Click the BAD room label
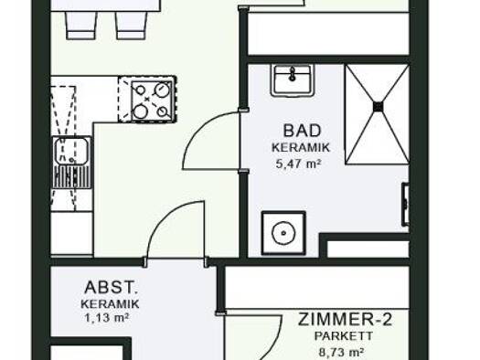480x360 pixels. (x=302, y=131)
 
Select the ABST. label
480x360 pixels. (x=111, y=288)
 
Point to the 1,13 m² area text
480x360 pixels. (x=106, y=318)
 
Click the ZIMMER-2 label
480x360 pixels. (x=345, y=319)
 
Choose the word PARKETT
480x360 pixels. (x=344, y=336)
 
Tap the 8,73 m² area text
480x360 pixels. (x=341, y=353)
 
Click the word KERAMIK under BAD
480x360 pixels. (x=301, y=148)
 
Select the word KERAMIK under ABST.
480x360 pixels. (x=110, y=304)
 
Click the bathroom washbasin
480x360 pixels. (x=293, y=80)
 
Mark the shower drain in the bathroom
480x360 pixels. (x=379, y=107)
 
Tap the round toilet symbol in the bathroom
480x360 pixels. (x=283, y=233)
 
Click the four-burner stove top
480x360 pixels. (x=152, y=101)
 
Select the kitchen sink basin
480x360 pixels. (x=71, y=151)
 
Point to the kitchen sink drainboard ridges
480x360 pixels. (x=72, y=176)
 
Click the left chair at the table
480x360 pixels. (x=80, y=26)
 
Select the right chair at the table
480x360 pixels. (x=131, y=26)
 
